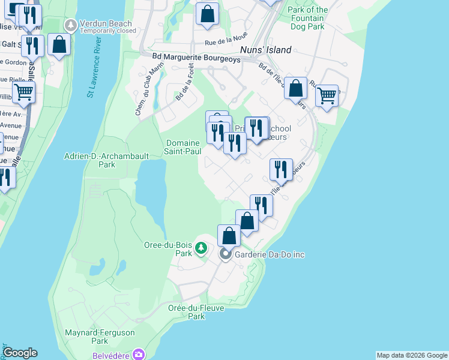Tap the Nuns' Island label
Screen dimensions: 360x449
(x=265, y=50)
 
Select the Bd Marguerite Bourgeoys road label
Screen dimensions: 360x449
(x=191, y=59)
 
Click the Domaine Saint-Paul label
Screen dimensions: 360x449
(x=182, y=147)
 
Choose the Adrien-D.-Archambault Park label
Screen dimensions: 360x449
(x=98, y=160)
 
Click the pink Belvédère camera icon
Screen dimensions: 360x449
(x=139, y=355)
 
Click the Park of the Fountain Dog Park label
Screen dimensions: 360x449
(x=307, y=18)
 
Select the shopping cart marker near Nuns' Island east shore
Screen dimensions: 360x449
(x=327, y=95)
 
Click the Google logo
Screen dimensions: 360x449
(x=20, y=353)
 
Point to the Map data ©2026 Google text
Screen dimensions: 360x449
(x=412, y=355)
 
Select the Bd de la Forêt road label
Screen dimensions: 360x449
(x=185, y=86)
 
